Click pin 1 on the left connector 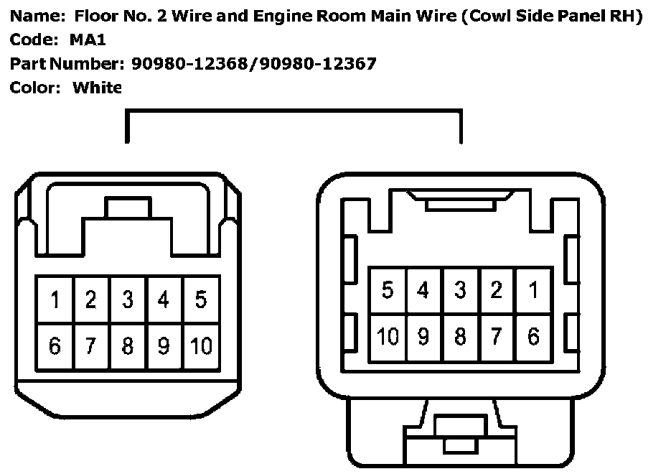tap(55, 299)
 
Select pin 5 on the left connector tap(201, 299)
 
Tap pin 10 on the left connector tap(201, 346)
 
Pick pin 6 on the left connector tap(55, 346)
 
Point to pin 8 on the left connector tap(128, 346)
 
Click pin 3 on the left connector tap(128, 299)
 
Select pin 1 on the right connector tap(533, 290)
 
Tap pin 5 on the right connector tap(388, 290)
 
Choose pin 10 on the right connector tap(388, 336)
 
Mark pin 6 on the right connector tap(533, 336)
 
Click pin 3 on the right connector tap(460, 290)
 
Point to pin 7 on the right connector tap(497, 336)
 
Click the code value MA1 tap(88, 40)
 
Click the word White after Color tap(98, 88)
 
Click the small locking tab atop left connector tap(128, 208)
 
